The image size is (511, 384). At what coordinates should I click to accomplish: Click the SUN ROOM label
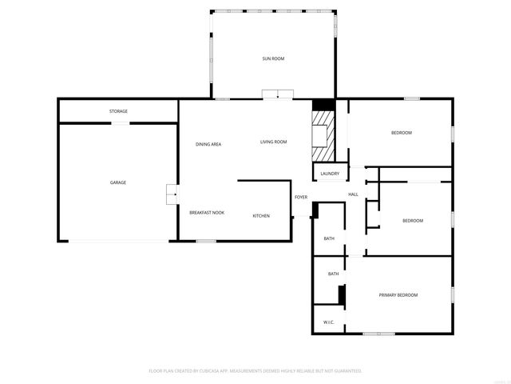273,58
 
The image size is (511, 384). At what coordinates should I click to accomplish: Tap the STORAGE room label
118,111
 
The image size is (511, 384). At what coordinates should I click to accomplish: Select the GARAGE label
118,182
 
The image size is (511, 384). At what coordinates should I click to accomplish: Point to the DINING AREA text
208,144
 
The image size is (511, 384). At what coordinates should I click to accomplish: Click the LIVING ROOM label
273,142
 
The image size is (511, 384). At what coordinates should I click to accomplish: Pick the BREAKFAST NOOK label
207,213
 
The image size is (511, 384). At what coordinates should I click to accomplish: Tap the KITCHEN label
261,216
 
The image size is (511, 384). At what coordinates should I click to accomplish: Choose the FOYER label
301,197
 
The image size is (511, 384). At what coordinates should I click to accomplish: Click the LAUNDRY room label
330,174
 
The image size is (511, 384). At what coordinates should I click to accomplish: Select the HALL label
353,194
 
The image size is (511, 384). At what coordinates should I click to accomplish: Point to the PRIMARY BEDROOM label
398,295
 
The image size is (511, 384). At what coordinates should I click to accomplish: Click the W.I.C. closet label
328,322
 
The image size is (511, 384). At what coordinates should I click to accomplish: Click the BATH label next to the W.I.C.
333,274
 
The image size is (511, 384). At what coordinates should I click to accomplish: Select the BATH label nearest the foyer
329,238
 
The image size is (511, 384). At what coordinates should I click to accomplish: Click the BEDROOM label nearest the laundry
401,133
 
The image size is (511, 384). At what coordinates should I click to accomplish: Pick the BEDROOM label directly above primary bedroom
412,221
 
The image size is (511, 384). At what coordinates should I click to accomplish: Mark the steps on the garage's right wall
171,194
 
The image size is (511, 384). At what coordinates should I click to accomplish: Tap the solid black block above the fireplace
322,104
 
